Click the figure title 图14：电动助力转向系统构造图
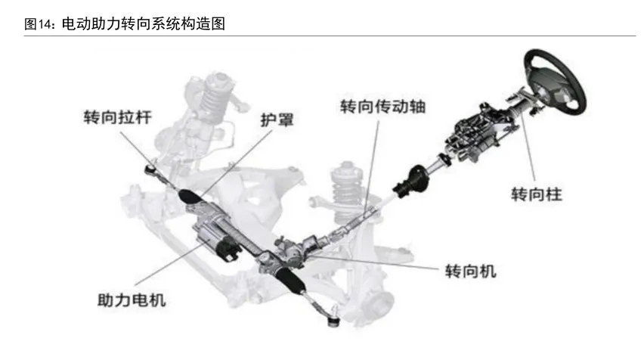pos(125,24)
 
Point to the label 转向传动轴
pos(382,106)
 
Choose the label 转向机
pos(470,271)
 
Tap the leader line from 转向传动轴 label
pos(372,166)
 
